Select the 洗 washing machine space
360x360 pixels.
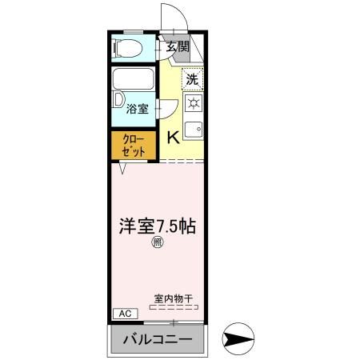[x=192, y=79]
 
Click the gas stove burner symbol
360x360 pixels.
[x=193, y=103]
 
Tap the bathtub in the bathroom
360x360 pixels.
[x=134, y=80]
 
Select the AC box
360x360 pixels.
[x=124, y=313]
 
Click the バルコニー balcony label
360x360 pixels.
[x=158, y=339]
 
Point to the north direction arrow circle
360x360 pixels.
[x=238, y=338]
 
